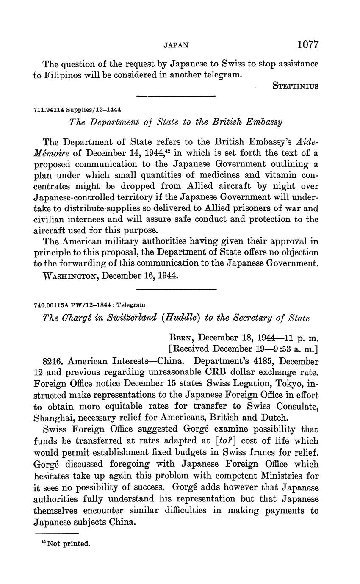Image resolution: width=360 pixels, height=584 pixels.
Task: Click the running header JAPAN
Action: coord(176,45)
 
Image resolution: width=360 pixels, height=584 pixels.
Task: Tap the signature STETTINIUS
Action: coord(295,86)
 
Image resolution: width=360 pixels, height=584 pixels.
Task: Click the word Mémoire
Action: coord(49,153)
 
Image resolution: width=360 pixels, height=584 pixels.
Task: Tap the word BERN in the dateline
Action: coord(182,338)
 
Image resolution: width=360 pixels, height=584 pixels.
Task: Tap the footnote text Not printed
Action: coord(68,544)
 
